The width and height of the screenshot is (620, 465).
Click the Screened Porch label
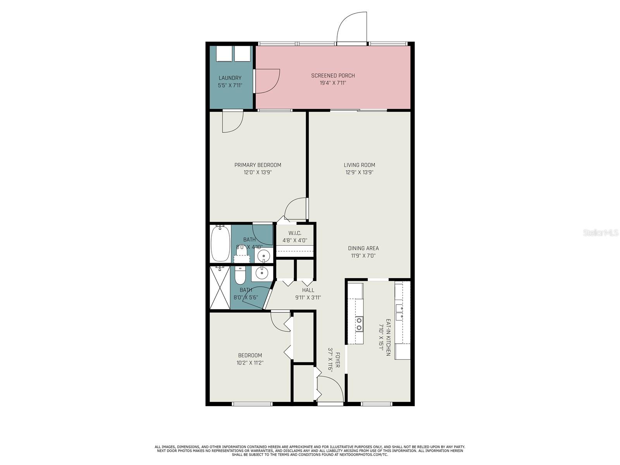tap(333, 76)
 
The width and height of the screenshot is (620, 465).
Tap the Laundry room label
tap(230, 78)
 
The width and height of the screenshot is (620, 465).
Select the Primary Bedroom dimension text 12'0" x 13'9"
tap(258, 172)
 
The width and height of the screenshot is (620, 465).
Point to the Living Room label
tap(359, 165)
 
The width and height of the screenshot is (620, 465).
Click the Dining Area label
tap(363, 248)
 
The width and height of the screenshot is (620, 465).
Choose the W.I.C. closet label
tap(294, 233)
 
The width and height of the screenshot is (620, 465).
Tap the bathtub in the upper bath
tap(220, 244)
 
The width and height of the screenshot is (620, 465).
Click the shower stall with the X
tap(220, 287)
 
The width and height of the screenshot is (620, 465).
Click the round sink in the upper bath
tap(264, 256)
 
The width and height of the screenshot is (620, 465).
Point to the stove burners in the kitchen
tap(359, 324)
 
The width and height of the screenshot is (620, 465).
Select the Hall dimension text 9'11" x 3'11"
tap(308, 298)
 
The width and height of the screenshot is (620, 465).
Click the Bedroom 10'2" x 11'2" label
tap(250, 355)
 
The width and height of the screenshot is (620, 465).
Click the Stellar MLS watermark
tap(600, 232)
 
